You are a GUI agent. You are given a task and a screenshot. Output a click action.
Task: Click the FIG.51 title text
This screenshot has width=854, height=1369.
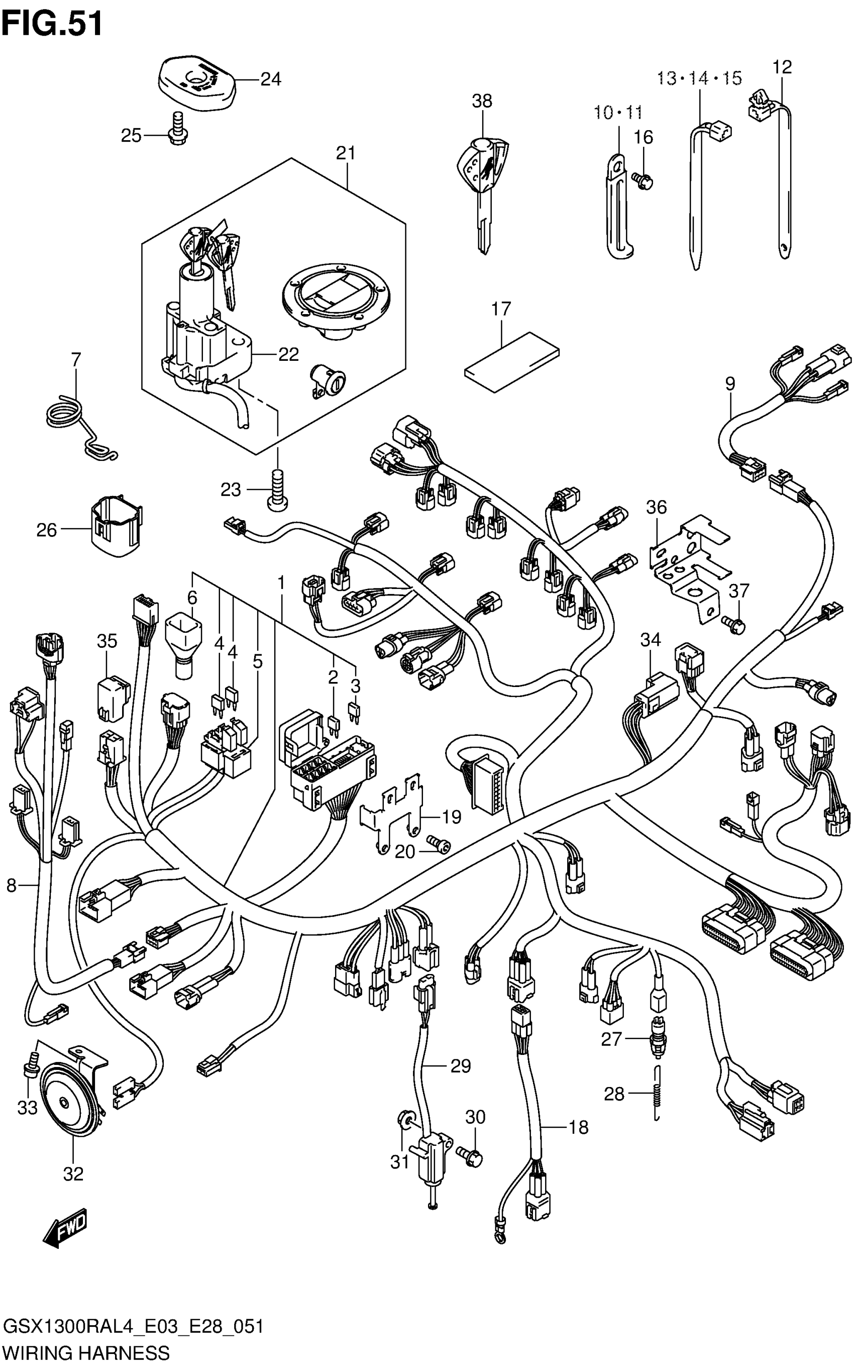52,24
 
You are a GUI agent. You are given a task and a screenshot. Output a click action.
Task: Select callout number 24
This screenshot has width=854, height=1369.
271,79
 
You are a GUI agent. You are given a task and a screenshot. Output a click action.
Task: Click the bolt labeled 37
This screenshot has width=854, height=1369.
734,624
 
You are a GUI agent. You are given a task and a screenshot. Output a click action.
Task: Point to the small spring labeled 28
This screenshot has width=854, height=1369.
657,1095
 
